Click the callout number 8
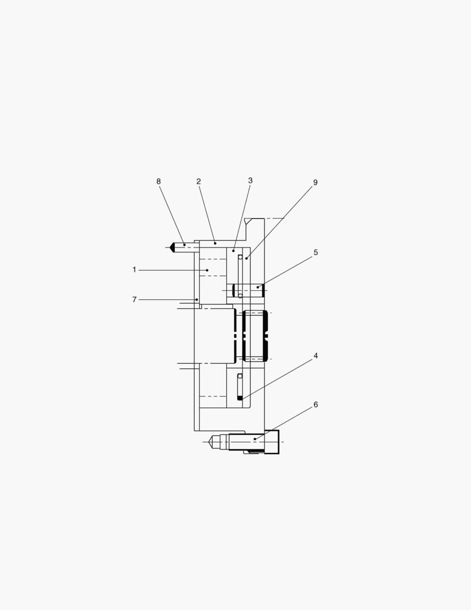159,181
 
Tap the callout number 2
199,181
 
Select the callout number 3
250,181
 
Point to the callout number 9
315,182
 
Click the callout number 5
315,252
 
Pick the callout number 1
134,269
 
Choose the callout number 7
134,299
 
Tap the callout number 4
315,356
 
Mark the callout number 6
315,404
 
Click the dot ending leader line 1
208,270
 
